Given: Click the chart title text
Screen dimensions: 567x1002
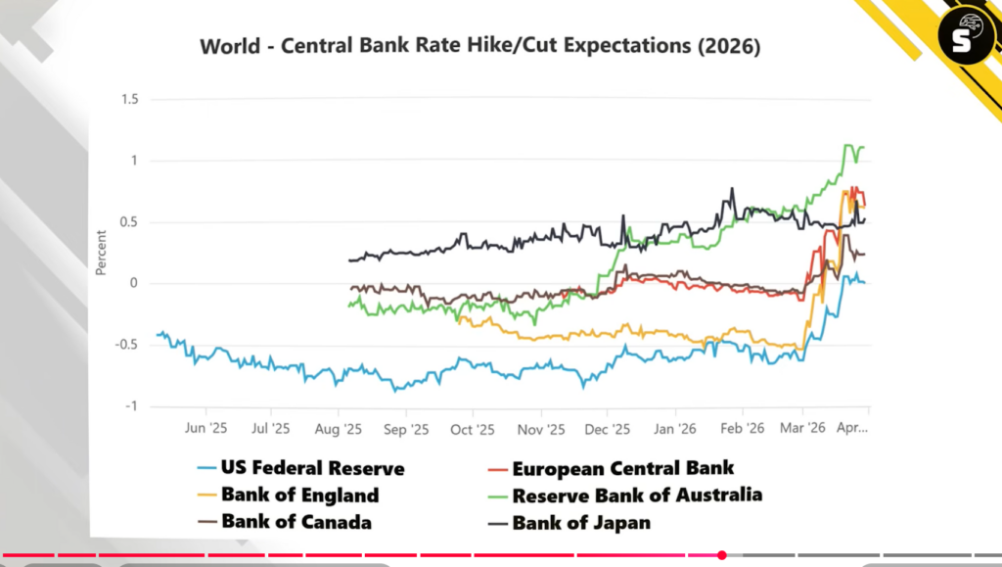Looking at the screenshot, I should [479, 47].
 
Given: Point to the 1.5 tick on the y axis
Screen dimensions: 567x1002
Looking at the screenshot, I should [129, 100].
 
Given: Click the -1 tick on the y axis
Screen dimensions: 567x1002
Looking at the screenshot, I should [132, 406].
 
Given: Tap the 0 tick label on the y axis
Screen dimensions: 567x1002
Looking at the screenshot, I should [134, 284].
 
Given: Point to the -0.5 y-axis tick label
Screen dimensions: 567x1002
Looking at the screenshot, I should [126, 345].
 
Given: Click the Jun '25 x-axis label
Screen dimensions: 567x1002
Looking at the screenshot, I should [205, 429].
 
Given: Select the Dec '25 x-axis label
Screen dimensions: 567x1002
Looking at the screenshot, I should [607, 429].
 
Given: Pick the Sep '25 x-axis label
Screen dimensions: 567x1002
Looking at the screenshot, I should [406, 429].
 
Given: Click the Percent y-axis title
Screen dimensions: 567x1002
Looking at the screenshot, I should [101, 253].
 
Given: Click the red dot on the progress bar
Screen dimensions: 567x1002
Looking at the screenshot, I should [721, 555].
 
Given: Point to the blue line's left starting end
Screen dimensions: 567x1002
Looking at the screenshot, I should [158, 334].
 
